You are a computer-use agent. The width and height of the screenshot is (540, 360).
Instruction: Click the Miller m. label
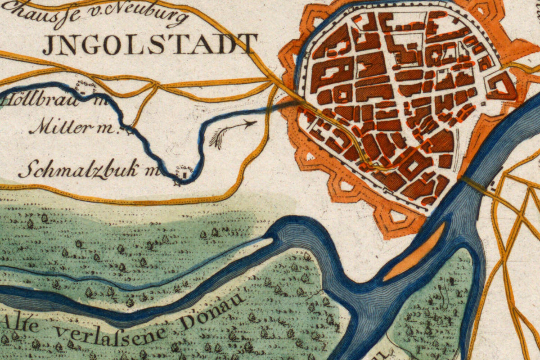[72, 128]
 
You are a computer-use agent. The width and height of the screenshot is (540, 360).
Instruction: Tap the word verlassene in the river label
[110, 333]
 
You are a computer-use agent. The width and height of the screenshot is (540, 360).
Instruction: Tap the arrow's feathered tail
[217, 139]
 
